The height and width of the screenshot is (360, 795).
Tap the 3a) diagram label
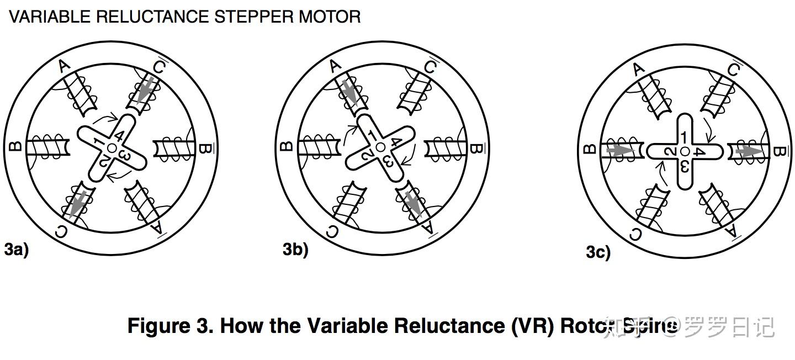[x=16, y=249]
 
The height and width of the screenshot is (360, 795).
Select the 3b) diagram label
[x=295, y=250]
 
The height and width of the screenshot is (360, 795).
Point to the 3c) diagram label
[x=598, y=252]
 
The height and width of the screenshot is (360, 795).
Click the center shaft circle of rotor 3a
[x=112, y=147]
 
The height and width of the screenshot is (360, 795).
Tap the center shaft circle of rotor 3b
[x=380, y=147]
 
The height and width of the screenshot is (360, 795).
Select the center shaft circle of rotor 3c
[x=685, y=151]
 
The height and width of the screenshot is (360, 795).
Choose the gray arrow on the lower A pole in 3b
[x=411, y=202]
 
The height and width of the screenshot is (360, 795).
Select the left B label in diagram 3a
[x=15, y=147]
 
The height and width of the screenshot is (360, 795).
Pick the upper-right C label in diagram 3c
[x=734, y=70]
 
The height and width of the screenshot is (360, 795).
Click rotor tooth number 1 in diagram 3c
[x=684, y=137]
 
